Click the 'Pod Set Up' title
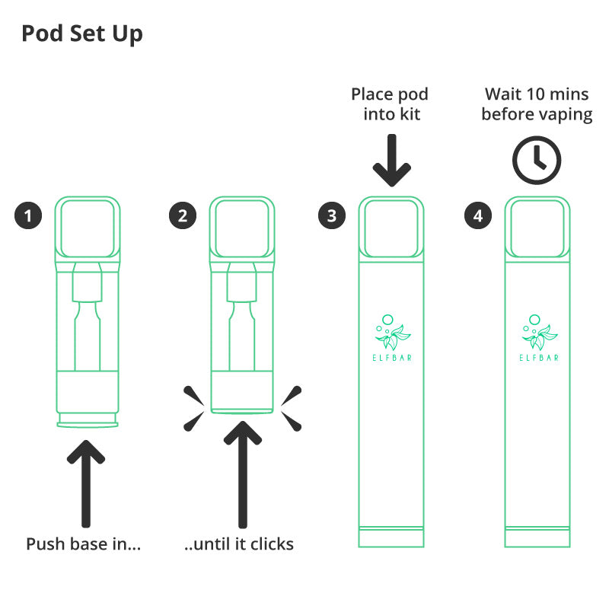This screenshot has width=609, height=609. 82,33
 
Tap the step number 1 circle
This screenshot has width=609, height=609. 28,215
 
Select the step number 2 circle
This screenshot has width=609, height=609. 183,215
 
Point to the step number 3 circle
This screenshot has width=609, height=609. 332,215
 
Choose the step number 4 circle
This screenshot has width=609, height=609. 478,215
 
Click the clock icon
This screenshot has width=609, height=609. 537,160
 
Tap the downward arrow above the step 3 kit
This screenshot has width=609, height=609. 392,161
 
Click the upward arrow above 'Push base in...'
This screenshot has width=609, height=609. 86,483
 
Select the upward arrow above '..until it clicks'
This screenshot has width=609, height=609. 243,474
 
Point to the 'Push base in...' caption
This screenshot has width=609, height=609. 83,544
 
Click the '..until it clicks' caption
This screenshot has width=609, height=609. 239,544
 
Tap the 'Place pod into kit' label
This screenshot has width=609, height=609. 391,104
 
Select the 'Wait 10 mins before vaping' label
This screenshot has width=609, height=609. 537,105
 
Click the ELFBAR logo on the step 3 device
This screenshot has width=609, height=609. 392,338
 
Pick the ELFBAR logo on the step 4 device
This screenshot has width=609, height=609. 539,338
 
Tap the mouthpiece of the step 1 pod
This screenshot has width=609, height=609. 88,229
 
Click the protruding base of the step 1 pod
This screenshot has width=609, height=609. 88,420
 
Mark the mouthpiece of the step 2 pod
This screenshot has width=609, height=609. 242,229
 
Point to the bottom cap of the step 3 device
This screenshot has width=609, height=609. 391,537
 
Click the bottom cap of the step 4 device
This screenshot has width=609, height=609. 537,537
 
